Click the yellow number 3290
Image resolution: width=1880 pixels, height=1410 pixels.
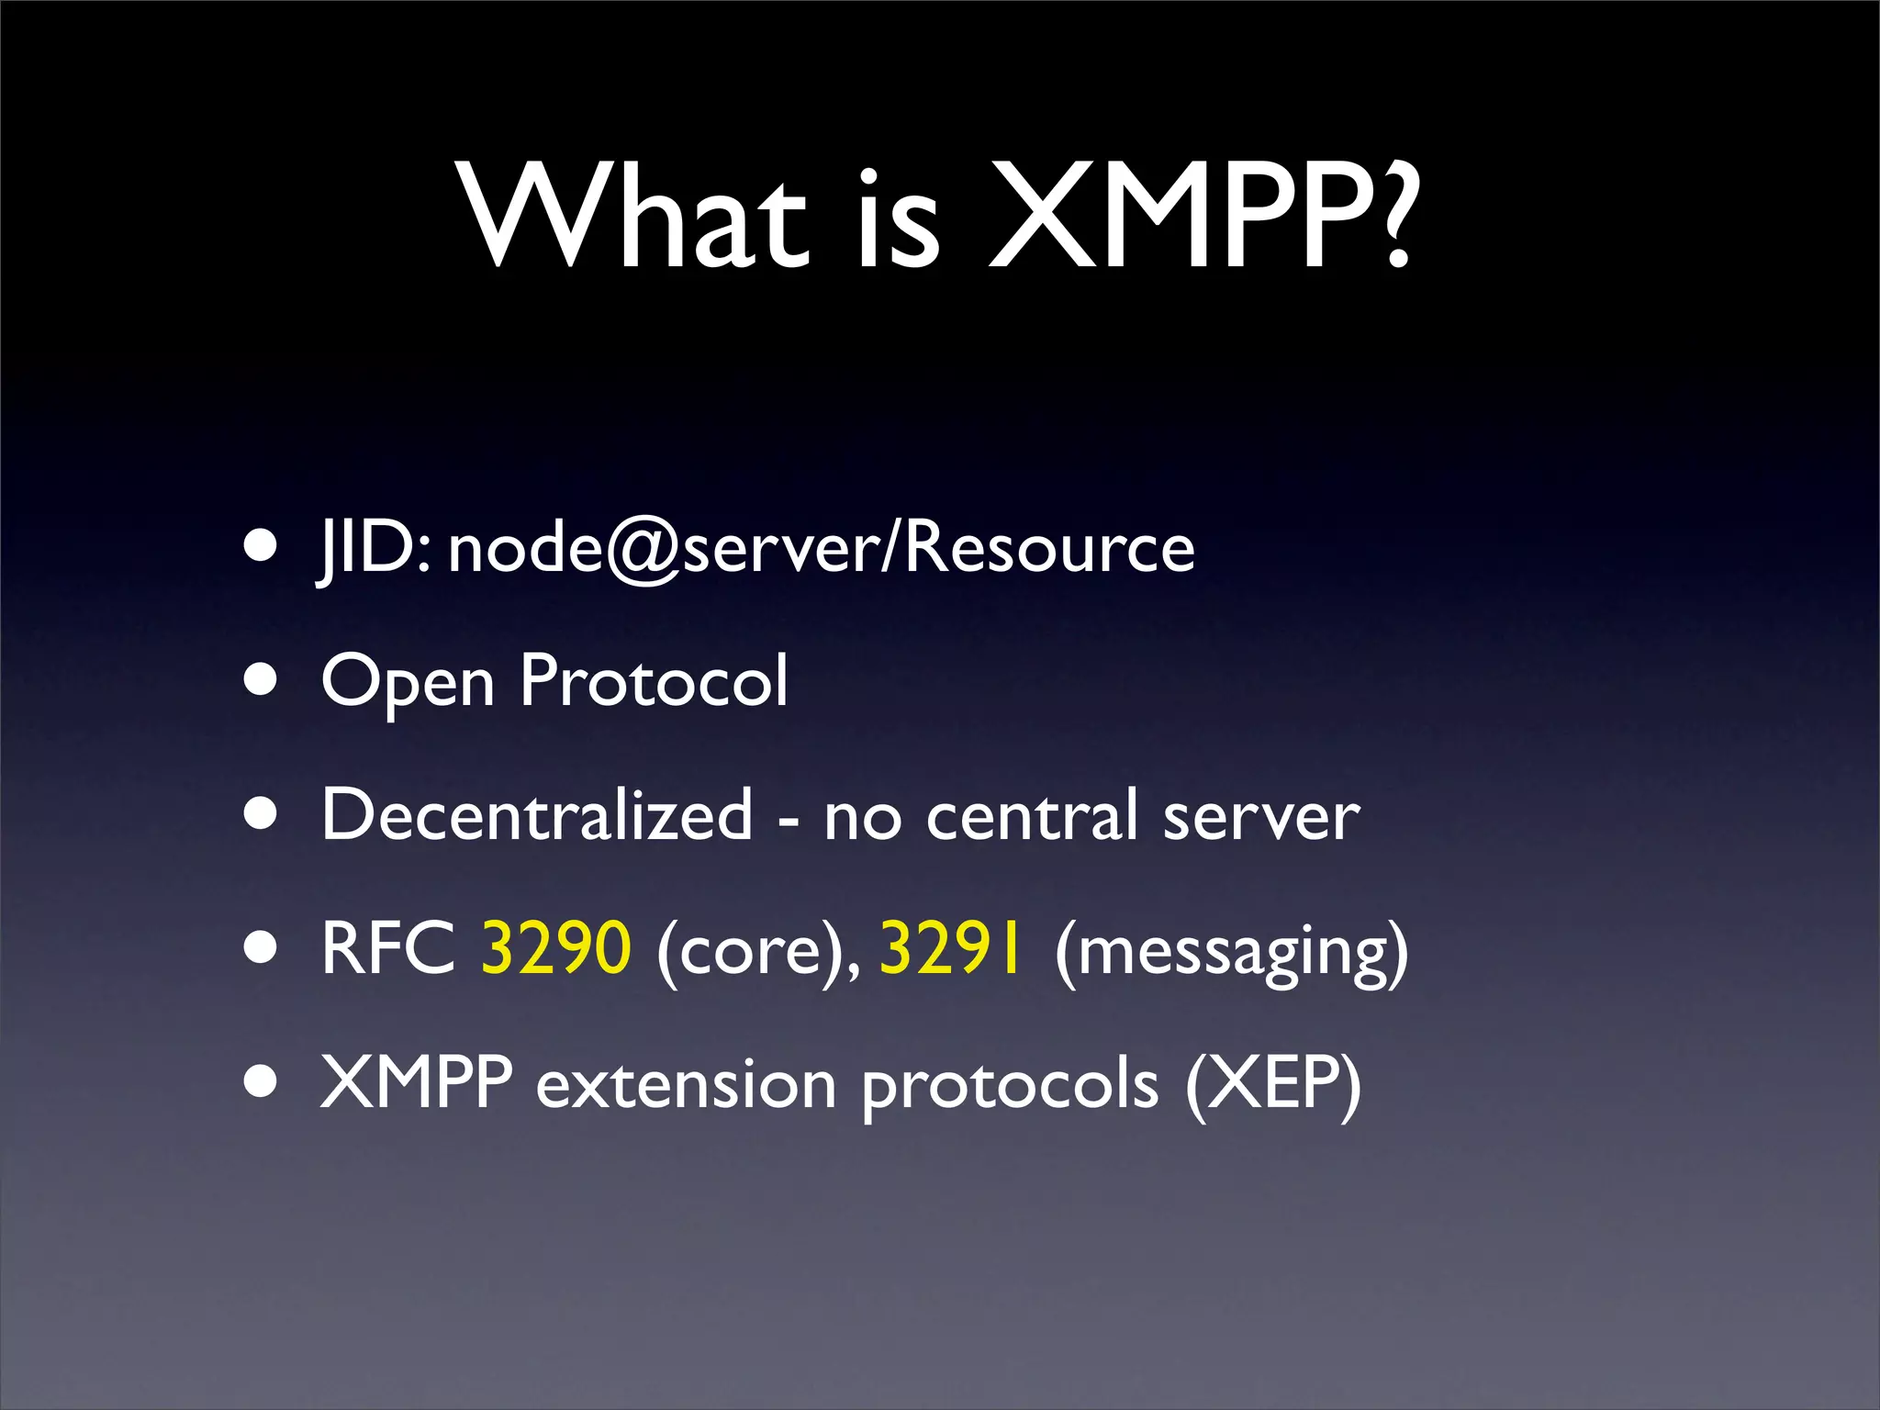coord(556,948)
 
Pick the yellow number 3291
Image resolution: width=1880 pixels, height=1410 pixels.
coord(951,948)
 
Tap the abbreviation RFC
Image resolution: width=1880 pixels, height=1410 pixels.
coord(388,948)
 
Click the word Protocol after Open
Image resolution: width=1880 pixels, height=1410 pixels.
coord(654,681)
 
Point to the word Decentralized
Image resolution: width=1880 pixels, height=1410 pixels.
coord(537,814)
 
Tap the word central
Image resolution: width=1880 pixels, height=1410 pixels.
coord(1032,814)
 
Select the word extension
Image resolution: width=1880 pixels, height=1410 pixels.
coord(686,1084)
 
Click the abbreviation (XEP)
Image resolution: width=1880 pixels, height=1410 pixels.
coord(1272,1084)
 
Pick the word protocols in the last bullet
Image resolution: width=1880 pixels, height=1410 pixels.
coord(1010,1087)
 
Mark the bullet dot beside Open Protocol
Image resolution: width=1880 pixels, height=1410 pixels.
coord(262,681)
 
